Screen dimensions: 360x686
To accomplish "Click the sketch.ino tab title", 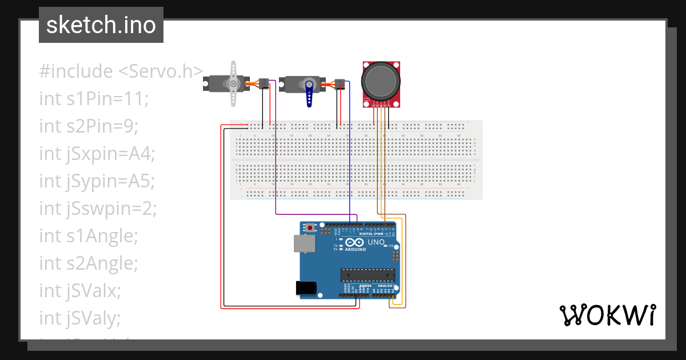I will (101, 25).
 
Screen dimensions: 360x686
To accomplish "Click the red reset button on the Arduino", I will (310, 228).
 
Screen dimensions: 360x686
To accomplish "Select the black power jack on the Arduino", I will (306, 289).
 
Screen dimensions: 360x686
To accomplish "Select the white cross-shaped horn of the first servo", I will (233, 83).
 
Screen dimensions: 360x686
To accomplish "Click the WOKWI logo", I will (607, 315).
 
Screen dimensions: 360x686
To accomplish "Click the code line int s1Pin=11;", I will (94, 99).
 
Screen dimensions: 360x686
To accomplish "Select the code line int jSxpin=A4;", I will (97, 154).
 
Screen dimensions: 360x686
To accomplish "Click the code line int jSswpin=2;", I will (98, 209).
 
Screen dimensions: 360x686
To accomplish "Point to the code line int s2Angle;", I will (89, 263).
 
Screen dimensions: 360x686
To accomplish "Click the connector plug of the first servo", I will (264, 83).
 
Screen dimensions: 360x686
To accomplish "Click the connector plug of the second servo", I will (340, 85).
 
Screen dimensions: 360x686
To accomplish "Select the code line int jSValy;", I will (80, 318).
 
